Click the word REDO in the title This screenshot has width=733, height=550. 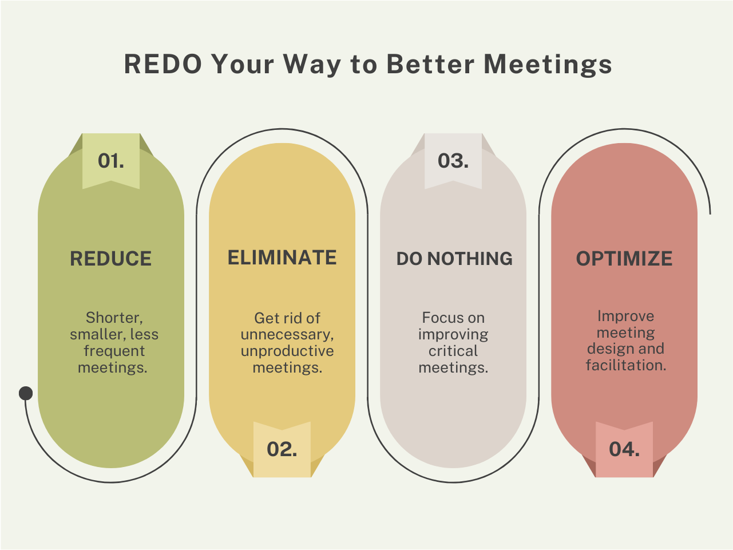[163, 64]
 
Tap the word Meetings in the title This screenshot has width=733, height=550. [548, 64]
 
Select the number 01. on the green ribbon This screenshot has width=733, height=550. [111, 161]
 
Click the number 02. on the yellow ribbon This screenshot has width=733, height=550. [282, 449]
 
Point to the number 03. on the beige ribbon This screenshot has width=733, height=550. [453, 161]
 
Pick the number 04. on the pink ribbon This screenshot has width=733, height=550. [624, 449]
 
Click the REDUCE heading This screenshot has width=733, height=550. [111, 259]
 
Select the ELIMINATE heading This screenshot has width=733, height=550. [282, 258]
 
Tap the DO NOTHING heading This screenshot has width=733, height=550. [454, 259]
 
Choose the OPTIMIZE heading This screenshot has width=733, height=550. [624, 259]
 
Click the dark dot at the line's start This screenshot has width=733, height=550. [26, 393]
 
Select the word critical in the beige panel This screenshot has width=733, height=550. [453, 351]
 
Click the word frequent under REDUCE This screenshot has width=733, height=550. [114, 351]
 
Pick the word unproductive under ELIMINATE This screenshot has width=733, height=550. [287, 351]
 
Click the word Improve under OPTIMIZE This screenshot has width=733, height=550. [625, 316]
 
